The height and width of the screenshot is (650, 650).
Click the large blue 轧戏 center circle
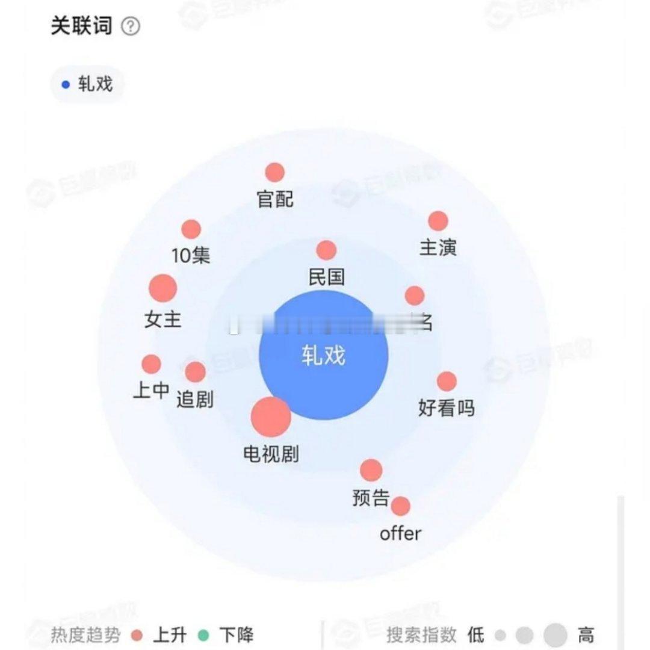tap(323, 355)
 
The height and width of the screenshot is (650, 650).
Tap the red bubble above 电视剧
tap(271, 417)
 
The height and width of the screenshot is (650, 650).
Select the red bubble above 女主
tap(162, 288)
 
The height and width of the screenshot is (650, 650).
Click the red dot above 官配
tap(274, 173)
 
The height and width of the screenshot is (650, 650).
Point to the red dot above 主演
tap(438, 221)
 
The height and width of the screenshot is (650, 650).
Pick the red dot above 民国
tap(326, 250)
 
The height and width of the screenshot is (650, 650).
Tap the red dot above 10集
tap(191, 229)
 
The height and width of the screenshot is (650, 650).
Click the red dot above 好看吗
tap(447, 381)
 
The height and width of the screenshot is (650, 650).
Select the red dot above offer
tap(400, 506)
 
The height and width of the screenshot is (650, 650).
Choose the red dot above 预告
tap(371, 470)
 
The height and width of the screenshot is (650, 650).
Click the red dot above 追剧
tap(195, 372)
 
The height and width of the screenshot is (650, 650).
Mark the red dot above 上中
tap(151, 364)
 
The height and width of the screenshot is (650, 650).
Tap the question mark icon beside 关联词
tap(131, 26)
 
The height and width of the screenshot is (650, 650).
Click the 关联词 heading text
tap(81, 26)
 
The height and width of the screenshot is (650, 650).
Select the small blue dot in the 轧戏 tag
tap(66, 84)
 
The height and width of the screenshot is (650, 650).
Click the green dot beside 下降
tap(203, 635)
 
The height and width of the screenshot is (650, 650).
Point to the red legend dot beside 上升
tap(137, 635)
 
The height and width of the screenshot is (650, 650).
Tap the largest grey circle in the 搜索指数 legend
tap(555, 635)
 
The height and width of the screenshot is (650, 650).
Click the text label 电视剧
tap(271, 454)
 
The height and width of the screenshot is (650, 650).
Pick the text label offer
tap(400, 533)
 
